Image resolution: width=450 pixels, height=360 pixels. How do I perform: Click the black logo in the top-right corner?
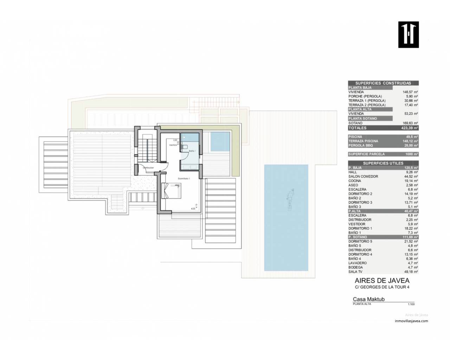(409, 34)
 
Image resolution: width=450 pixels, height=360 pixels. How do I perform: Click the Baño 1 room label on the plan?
(192, 151)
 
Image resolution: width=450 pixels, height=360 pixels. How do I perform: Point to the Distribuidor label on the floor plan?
(148, 168)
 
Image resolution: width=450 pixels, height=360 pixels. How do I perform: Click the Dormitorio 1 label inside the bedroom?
(184, 179)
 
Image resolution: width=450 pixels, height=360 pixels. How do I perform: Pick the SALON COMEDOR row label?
(363, 176)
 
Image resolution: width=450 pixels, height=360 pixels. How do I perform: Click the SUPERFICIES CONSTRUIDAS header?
(383, 83)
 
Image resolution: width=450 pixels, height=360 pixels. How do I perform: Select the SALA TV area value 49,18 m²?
(411, 272)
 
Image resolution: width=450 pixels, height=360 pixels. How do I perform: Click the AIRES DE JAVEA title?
(382, 281)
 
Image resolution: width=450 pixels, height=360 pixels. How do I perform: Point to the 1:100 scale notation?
(411, 304)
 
